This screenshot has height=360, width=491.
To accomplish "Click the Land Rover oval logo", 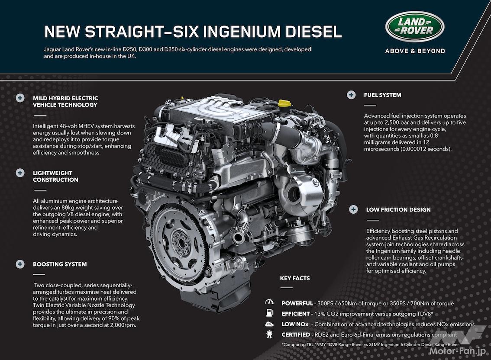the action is (x=415, y=26).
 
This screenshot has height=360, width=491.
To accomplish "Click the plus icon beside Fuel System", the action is (x=351, y=95).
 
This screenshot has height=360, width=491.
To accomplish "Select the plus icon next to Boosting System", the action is (x=20, y=264).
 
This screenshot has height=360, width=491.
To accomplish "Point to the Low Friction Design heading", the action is (x=398, y=210).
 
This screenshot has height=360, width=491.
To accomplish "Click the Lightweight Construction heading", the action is (x=55, y=176).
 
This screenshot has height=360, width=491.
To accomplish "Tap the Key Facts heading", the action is (x=295, y=278).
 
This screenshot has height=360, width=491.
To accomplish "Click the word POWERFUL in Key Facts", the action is (x=297, y=303).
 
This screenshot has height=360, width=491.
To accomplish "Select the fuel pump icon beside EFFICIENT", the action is (x=269, y=313).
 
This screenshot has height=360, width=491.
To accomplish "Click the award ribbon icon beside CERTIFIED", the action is (x=269, y=334).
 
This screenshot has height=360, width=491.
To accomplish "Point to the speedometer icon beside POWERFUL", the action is (x=269, y=302).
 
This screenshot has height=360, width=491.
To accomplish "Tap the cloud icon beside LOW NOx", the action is (x=269, y=325).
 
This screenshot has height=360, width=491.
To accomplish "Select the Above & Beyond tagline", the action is (x=415, y=51).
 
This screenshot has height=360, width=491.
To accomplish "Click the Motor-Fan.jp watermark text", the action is (x=458, y=351).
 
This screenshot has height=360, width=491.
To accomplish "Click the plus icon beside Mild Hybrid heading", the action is (x=20, y=98).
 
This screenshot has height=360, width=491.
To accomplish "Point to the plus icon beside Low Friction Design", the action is (x=354, y=209).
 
